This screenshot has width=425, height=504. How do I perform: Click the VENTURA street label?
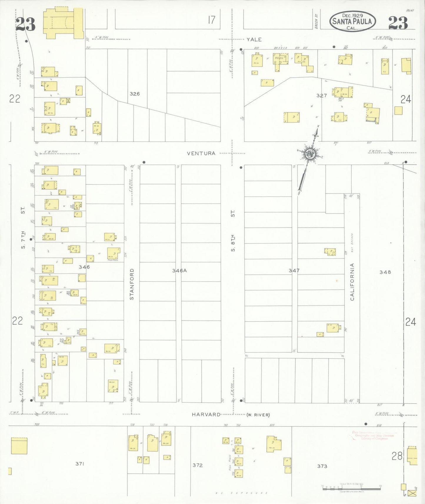[x=201, y=153]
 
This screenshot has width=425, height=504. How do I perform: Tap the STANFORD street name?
[x=132, y=284]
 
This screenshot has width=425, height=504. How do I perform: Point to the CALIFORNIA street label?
[x=352, y=282]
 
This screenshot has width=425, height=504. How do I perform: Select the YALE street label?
[x=254, y=39]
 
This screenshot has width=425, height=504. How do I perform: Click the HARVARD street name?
[x=206, y=414]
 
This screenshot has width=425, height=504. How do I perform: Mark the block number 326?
[x=135, y=94]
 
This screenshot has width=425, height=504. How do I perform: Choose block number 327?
[x=321, y=95]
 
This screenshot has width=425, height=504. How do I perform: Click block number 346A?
[x=179, y=271]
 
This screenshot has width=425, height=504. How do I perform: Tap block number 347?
[x=294, y=271]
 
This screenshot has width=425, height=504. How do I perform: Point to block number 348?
[x=385, y=272]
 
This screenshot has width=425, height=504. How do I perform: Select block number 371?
[x=80, y=464]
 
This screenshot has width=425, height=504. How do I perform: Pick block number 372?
[x=198, y=465]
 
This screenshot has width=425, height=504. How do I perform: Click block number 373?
[x=322, y=466]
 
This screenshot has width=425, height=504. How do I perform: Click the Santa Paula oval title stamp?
[x=352, y=21]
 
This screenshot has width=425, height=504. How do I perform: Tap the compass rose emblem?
[x=309, y=153]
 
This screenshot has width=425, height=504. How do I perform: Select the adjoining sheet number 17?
[x=211, y=20]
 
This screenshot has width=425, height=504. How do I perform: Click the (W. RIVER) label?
[x=258, y=415]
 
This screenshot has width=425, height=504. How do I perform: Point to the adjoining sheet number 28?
[x=397, y=456]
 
